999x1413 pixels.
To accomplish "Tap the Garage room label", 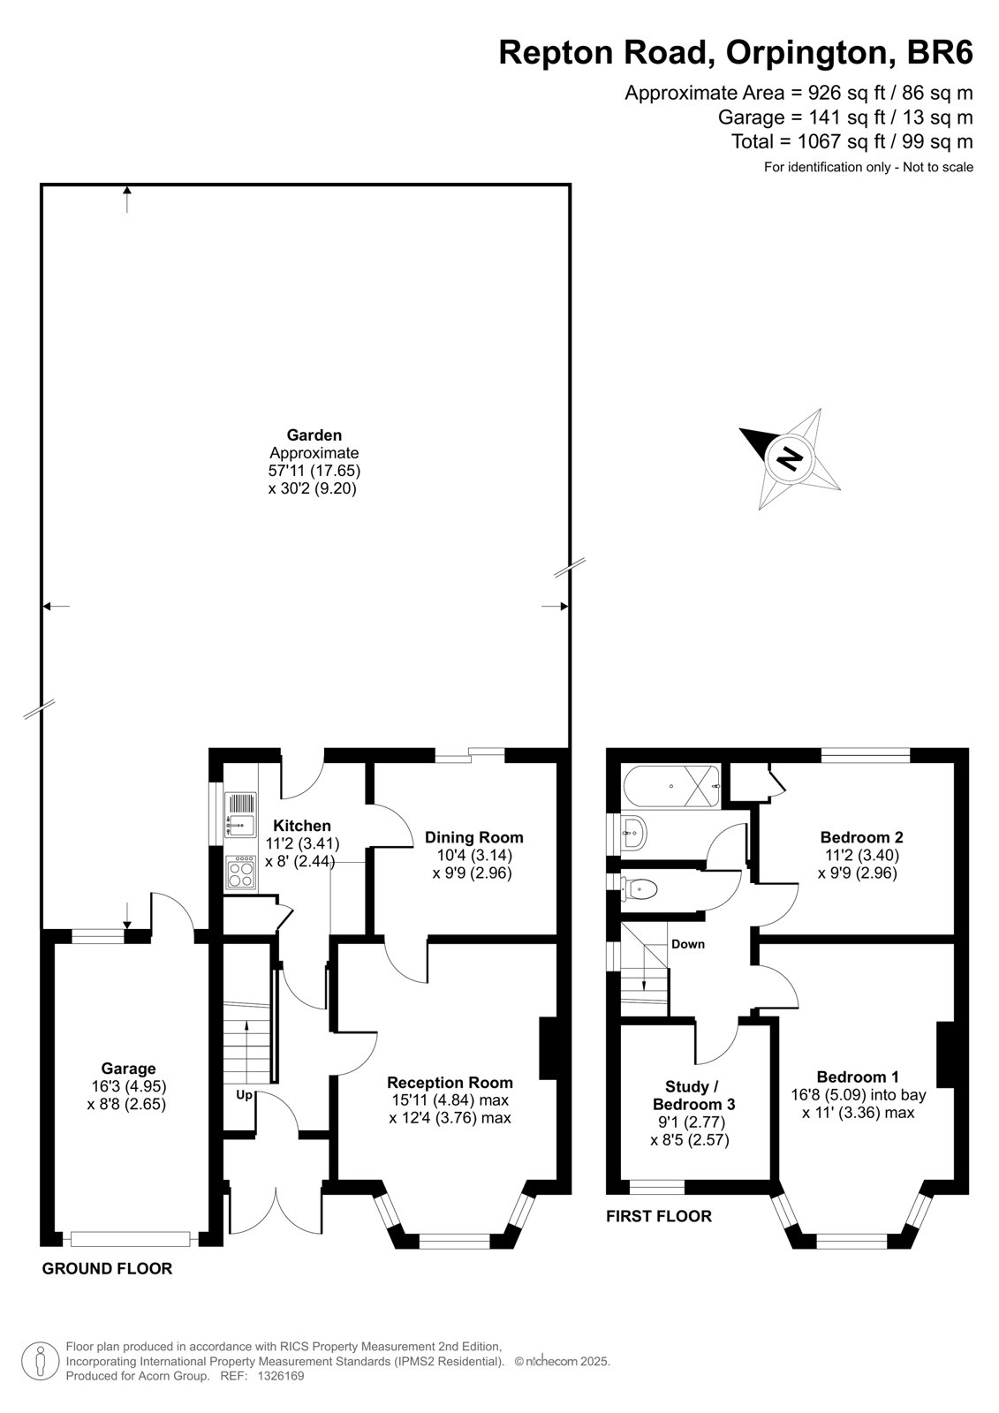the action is point(128,1069).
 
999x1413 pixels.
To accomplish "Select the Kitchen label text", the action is point(302,826).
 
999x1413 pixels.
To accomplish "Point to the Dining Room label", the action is point(474,838).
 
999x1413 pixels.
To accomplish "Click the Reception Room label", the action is point(450,1083).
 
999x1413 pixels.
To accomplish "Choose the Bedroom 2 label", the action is point(861,837).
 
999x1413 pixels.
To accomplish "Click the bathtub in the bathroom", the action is point(670,787).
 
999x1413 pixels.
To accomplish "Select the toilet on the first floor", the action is point(639,889).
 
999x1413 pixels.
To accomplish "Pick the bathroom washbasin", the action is point(633,833).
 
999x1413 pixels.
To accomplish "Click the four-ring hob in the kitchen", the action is point(241,873).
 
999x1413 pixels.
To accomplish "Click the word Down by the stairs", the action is point(688,944).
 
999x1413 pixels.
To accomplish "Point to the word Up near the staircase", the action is point(244,1095).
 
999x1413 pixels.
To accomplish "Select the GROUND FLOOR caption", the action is point(107,1268).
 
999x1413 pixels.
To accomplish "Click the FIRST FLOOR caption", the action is point(659,1215).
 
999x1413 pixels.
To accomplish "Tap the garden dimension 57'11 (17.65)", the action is point(314,471).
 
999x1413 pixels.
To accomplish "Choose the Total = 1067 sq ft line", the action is point(852,141).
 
